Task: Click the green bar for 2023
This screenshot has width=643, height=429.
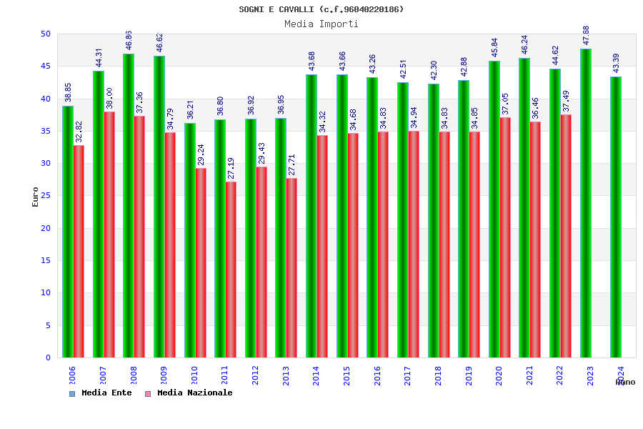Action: (x=586, y=203)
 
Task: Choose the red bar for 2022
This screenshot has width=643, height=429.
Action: (x=566, y=236)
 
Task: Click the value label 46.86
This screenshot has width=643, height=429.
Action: (x=129, y=40)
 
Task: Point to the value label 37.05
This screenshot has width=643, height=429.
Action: (x=505, y=104)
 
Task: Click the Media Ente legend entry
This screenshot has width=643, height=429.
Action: (x=101, y=393)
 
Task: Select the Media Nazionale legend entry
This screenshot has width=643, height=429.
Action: (x=189, y=393)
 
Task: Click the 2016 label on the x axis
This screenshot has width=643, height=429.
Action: (x=377, y=376)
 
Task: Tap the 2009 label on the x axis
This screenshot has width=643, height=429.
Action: (x=164, y=376)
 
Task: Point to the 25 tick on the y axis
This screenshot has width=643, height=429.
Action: (x=46, y=196)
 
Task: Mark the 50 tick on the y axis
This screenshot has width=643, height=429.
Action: (x=46, y=34)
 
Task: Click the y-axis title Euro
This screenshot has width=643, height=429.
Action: (x=36, y=197)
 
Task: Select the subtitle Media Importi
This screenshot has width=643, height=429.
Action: (x=321, y=24)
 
